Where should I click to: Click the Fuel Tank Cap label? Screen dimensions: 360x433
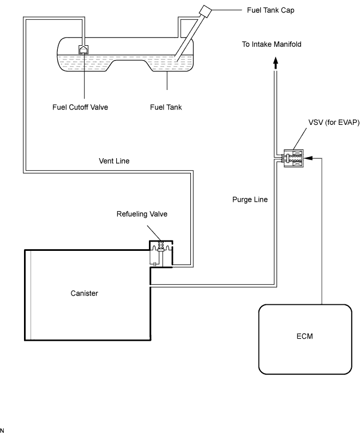click(271, 10)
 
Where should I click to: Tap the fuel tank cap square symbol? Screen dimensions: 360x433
click(205, 11)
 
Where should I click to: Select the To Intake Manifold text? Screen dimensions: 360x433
click(272, 44)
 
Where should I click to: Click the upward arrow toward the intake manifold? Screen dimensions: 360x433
click(275, 63)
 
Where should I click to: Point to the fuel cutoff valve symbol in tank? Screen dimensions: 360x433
click(83, 49)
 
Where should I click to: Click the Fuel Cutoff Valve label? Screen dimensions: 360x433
click(80, 107)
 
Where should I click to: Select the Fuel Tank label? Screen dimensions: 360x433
click(166, 107)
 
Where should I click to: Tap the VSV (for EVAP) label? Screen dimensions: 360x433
click(334, 122)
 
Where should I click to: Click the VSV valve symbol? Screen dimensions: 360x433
click(293, 158)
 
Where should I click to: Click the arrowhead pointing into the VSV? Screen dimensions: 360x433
click(308, 158)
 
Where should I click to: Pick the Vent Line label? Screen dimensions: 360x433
click(114, 161)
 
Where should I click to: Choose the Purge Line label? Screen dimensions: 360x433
click(250, 200)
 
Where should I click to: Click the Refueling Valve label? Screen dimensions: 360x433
click(142, 214)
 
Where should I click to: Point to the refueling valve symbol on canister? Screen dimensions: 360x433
click(161, 254)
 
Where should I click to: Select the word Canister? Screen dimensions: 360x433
click(84, 293)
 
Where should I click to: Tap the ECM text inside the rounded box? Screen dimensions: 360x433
click(305, 336)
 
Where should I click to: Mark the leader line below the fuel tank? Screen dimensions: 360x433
click(167, 80)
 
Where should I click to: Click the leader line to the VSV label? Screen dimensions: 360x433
click(299, 139)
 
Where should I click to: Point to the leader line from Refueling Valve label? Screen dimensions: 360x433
click(154, 233)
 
